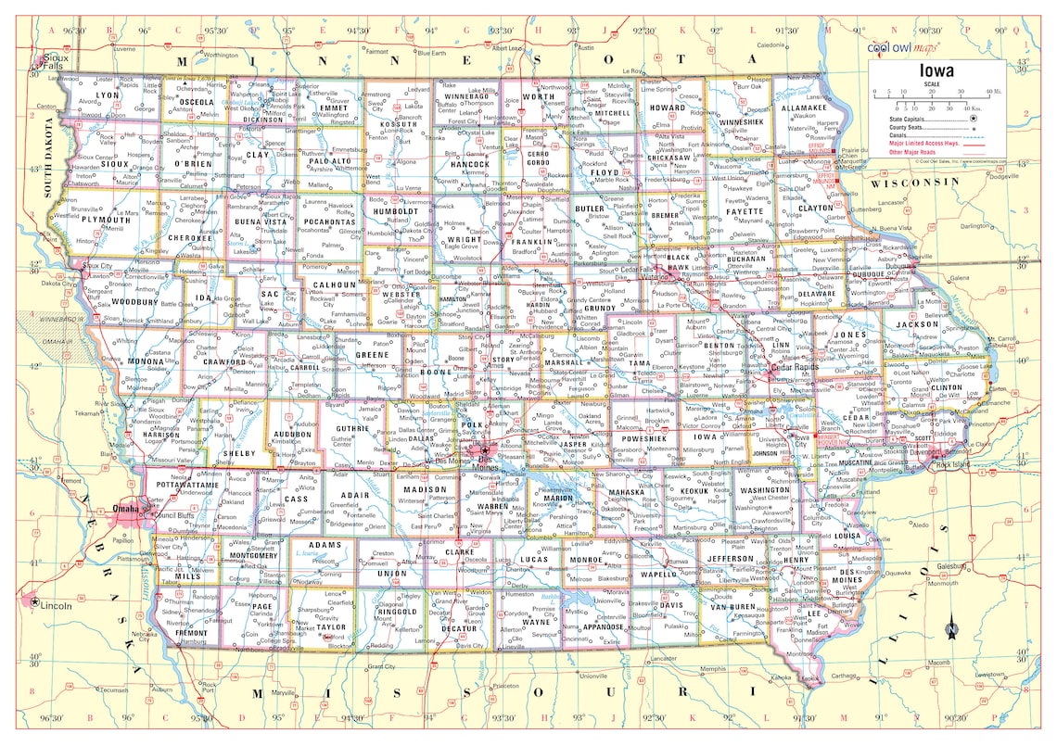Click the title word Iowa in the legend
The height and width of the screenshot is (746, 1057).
938,71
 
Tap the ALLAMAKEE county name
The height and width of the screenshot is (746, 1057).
804,108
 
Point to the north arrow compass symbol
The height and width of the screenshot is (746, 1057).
951,629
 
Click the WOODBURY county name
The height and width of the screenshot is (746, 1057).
134,301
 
